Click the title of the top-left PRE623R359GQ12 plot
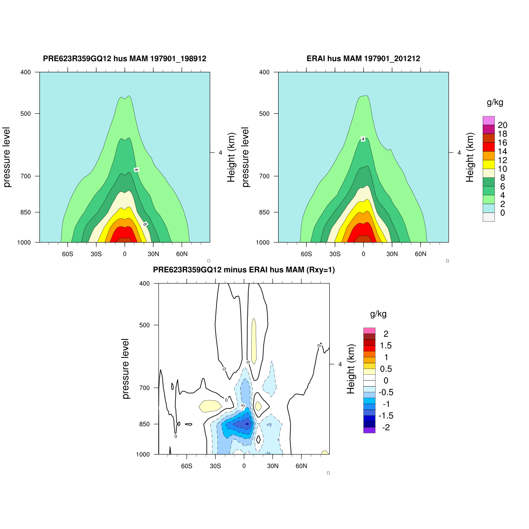[124, 59]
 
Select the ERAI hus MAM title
[363, 59]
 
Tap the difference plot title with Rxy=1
[244, 270]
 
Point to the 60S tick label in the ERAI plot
[306, 254]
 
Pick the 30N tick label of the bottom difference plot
[272, 466]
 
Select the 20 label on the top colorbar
[502, 126]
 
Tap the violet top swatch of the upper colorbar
[488, 120]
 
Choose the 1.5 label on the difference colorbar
[386, 346]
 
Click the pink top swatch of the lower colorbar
[369, 331]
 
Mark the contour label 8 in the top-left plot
[145, 224]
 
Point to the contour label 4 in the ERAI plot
[363, 139]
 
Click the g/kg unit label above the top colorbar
[495, 103]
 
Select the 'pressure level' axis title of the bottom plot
[126, 369]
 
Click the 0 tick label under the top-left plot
[125, 254]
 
